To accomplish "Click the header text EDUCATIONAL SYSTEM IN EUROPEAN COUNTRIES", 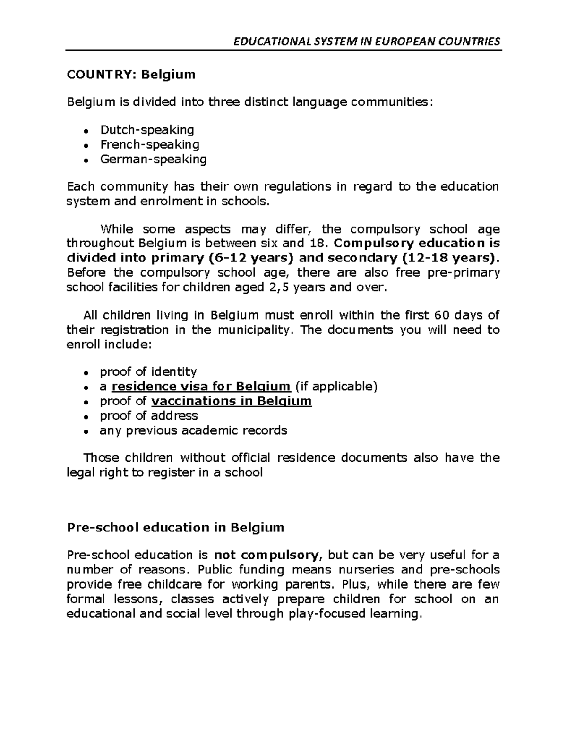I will click(367, 42).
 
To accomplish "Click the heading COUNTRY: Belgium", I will click(131, 75).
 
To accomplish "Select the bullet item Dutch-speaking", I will click(147, 129).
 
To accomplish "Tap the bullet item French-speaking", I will click(149, 144).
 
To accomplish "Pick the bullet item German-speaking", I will click(153, 159).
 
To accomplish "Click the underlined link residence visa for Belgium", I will click(201, 387).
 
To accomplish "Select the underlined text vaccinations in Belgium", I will click(232, 401).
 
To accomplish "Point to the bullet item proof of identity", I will click(148, 371).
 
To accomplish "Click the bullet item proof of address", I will click(148, 416).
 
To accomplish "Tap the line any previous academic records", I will click(193, 430).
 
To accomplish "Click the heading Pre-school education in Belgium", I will click(176, 527).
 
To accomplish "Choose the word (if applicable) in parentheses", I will click(336, 387).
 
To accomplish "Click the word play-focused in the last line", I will click(321, 614).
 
